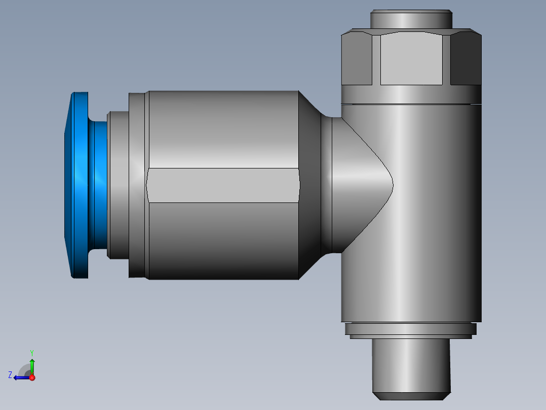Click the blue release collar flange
coord(79,185)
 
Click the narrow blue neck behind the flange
coord(100,185)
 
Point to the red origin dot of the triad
coord(32,378)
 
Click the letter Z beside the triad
coord(10,375)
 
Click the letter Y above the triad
coord(31,352)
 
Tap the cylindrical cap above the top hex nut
coord(411,20)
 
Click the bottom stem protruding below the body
coord(411,368)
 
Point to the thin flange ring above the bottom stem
coord(411,329)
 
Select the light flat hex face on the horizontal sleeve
coord(223,185)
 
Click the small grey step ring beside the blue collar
coord(118,185)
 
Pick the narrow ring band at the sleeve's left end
coord(138,185)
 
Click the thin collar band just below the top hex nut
coord(411,94)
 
